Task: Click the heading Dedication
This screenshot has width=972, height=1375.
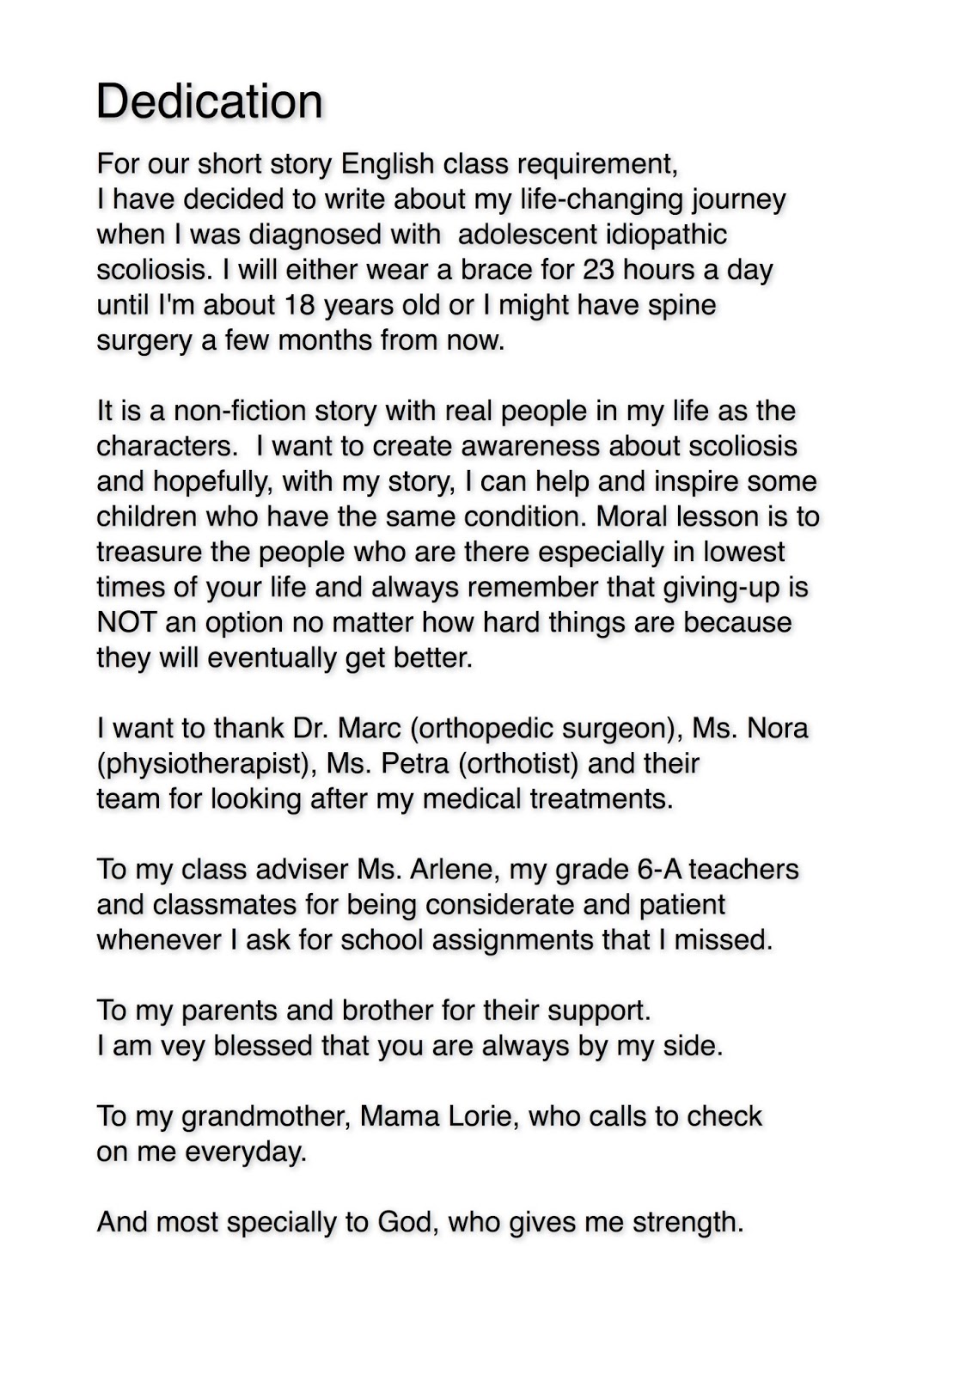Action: point(209,101)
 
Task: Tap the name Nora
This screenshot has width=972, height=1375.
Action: point(777,728)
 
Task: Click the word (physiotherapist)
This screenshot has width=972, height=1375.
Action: point(203,763)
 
